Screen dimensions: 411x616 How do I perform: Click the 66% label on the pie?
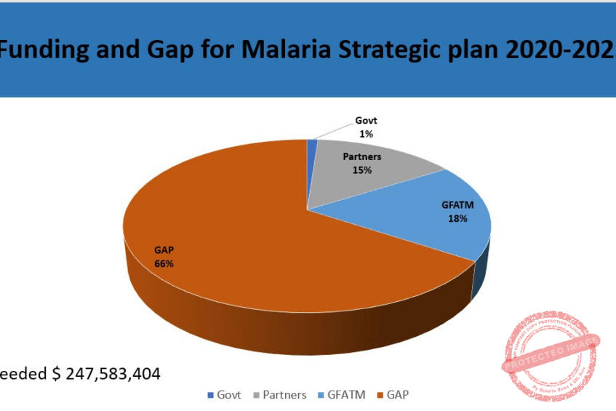click(x=164, y=263)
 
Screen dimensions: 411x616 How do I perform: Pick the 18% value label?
click(x=457, y=218)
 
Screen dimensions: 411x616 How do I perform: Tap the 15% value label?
click(x=362, y=170)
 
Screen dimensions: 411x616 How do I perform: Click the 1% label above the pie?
click(x=366, y=134)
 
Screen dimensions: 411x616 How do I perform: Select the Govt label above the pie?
click(x=366, y=121)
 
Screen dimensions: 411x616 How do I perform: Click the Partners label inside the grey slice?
click(x=362, y=156)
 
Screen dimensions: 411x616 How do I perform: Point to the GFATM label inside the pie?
click(x=457, y=205)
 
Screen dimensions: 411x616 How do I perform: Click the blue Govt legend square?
click(x=211, y=395)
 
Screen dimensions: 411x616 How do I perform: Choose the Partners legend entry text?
click(x=284, y=395)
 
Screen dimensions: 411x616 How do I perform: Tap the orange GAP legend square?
click(x=379, y=395)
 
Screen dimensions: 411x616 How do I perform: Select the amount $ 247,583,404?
click(x=106, y=374)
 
